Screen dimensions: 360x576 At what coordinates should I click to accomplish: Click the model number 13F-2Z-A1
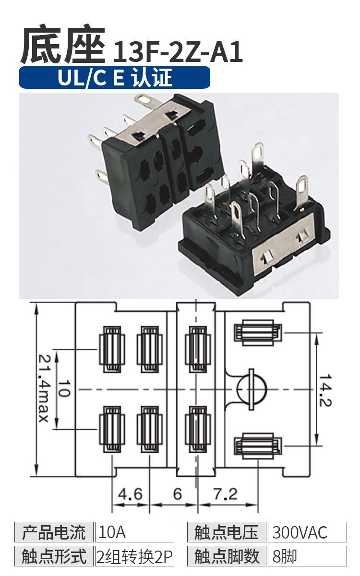coord(178,52)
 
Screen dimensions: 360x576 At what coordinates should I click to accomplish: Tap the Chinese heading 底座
coord(63,44)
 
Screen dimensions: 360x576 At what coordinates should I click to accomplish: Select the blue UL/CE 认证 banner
coord(115,77)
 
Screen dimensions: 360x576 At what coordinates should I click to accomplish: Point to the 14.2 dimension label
coord(325,390)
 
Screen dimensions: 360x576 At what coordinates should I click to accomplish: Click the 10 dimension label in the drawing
coord(64,388)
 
